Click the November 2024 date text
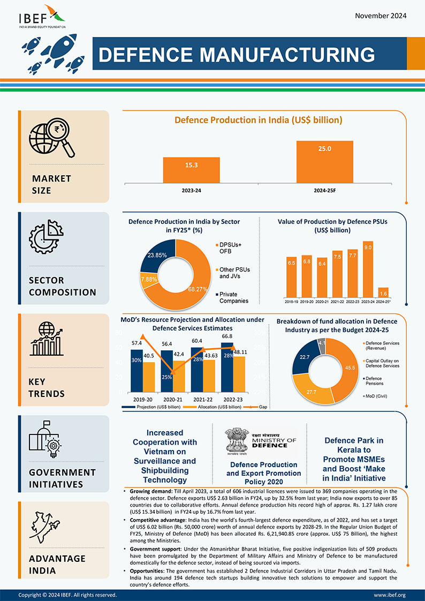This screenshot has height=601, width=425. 381,16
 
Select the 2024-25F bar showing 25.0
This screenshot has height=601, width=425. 325,161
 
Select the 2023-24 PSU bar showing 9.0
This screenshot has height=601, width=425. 368,270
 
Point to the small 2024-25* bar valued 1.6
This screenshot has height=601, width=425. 383,292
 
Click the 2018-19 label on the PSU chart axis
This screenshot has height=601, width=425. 292,302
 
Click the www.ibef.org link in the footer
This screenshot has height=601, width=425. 389,595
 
